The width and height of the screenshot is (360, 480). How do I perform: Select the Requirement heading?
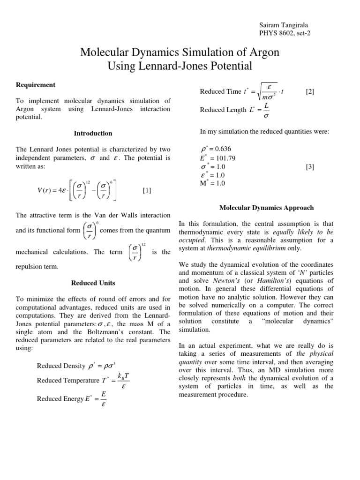[x=36, y=85]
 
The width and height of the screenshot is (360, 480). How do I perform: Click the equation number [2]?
[x=310, y=92]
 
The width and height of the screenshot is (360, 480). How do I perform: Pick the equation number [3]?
[x=310, y=166]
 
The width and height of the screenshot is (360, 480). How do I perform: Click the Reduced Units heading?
[x=93, y=283]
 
